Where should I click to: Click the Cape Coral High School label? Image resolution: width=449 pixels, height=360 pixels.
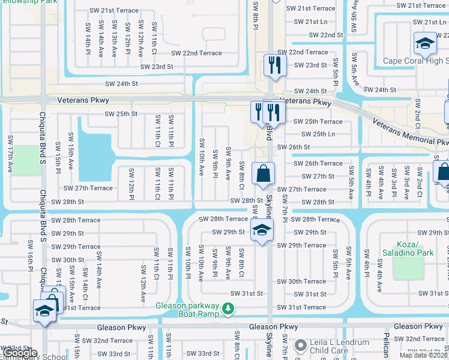(415, 61)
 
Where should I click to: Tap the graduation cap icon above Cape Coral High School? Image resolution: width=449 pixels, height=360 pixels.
(425, 44)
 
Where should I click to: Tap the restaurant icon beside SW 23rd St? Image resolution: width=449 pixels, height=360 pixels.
(274, 65)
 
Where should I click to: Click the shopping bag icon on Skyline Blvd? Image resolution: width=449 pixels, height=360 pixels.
(263, 175)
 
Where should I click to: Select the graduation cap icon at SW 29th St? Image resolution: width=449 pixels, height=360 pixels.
(262, 230)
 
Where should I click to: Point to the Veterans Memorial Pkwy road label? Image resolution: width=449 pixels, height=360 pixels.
(410, 131)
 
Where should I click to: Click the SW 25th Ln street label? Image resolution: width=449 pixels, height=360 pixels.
(314, 134)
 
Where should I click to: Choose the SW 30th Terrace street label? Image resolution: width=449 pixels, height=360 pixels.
(301, 281)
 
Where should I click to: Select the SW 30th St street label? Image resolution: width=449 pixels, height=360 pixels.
(67, 260)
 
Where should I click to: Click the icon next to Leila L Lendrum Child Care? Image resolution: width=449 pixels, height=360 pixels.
(301, 347)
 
